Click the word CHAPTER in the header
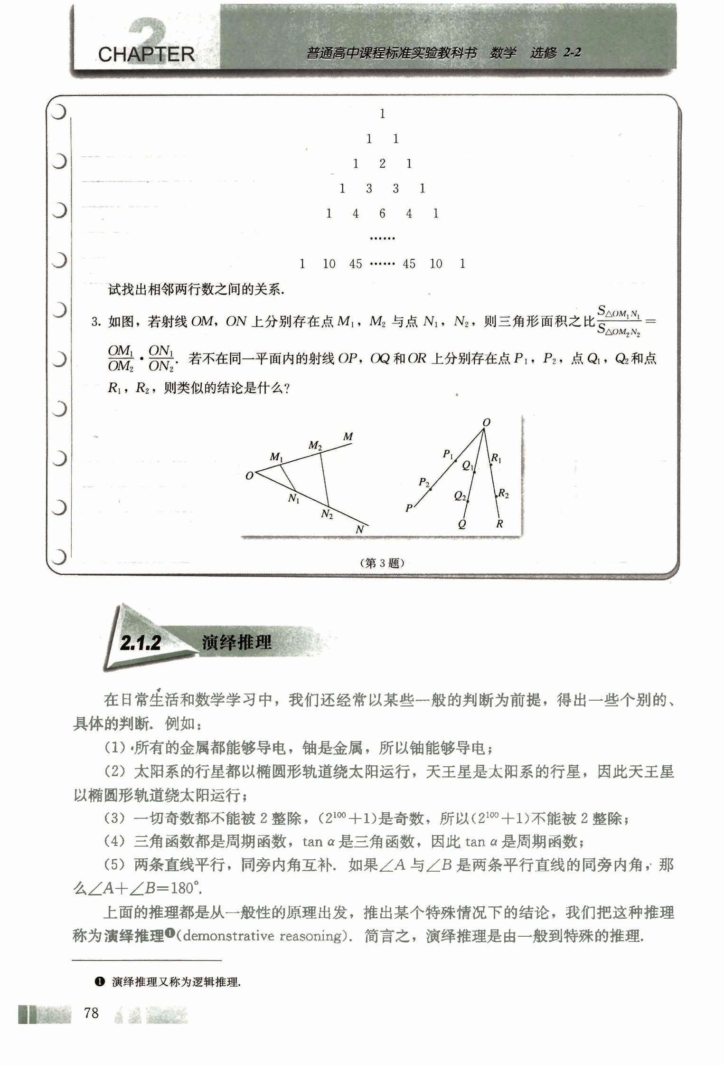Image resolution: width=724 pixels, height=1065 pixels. [x=146, y=55]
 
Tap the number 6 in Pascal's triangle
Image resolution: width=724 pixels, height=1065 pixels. [x=382, y=214]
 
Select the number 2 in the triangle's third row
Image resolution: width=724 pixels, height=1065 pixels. [x=382, y=164]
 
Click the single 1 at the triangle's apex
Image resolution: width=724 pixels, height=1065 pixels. [x=382, y=114]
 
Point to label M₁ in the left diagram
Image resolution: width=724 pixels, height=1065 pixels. [x=276, y=457]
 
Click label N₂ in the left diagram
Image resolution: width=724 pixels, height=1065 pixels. [x=327, y=514]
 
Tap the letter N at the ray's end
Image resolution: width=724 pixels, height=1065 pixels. [x=360, y=530]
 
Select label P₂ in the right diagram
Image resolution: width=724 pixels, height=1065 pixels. [x=424, y=483]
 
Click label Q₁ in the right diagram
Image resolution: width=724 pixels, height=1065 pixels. [x=468, y=466]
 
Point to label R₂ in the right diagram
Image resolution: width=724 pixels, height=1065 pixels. [x=503, y=494]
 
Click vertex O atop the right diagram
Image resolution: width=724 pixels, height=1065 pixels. [x=486, y=422]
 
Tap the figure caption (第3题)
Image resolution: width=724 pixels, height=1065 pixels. [x=382, y=563]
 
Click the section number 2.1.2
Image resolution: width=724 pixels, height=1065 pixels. [x=141, y=643]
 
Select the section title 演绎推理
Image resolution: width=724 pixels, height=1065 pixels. [x=236, y=642]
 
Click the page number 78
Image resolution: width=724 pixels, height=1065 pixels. [x=91, y=1013]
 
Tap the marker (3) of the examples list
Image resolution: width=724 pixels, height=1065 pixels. [x=114, y=818]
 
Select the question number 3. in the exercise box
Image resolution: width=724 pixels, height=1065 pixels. [x=96, y=323]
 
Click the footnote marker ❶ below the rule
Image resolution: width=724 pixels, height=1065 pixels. [x=99, y=981]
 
